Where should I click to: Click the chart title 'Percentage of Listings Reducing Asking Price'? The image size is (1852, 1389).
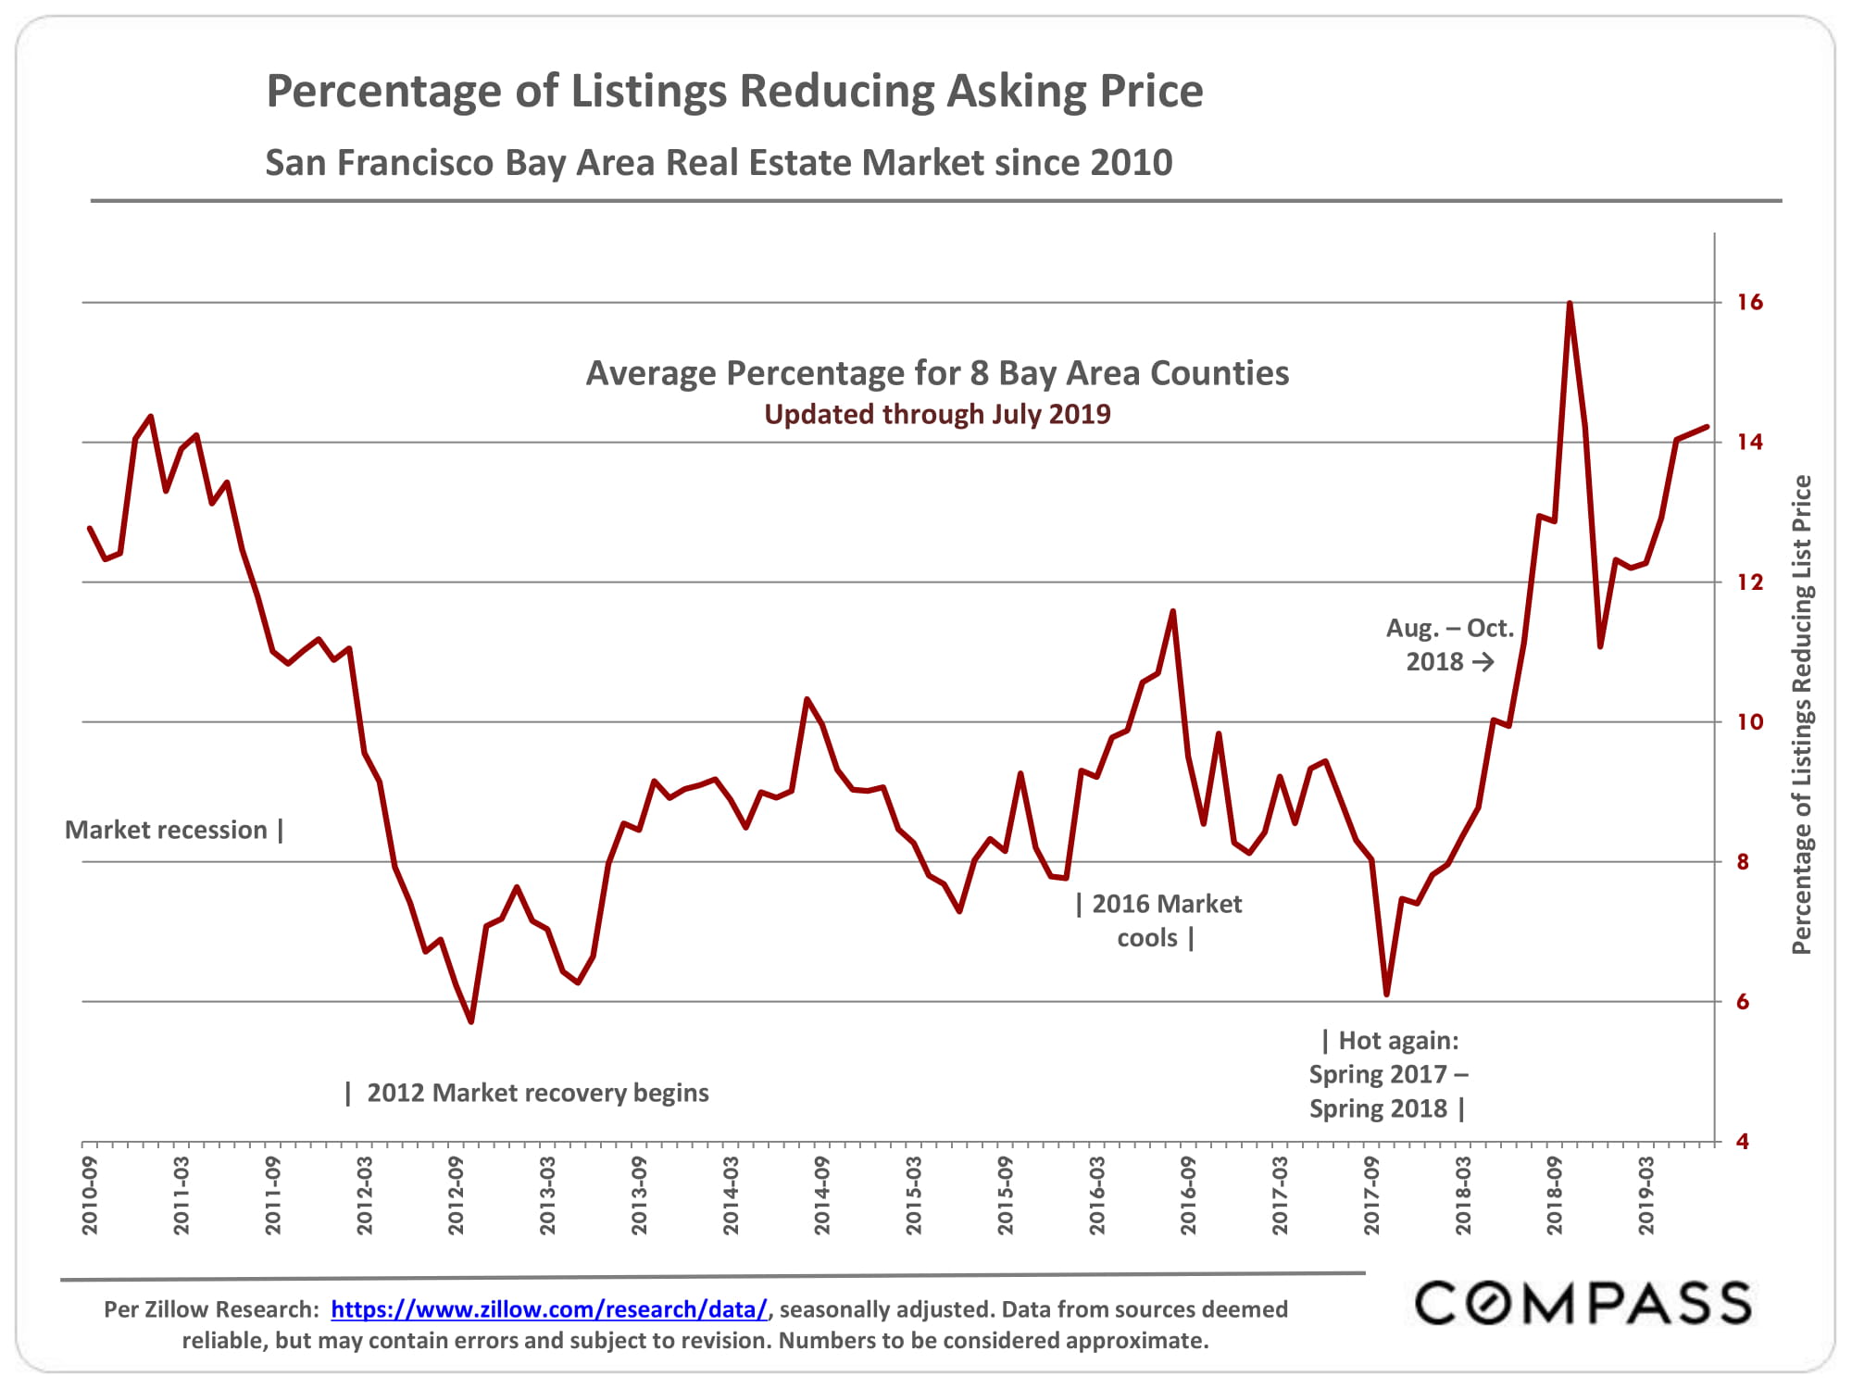click(x=734, y=92)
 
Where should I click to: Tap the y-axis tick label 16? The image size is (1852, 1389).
click(x=1749, y=302)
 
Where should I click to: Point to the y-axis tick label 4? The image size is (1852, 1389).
click(x=1743, y=1142)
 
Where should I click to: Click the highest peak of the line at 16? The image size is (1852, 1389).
click(x=1570, y=303)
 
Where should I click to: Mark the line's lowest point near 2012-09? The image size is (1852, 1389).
click(x=471, y=1021)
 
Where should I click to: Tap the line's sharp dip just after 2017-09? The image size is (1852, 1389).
click(x=1386, y=995)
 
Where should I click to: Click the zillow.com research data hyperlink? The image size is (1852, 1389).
click(x=549, y=1309)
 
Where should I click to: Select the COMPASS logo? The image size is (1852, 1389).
click(x=1583, y=1303)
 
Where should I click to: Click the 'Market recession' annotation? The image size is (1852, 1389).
click(x=167, y=830)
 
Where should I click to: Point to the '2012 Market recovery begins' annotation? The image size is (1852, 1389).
click(x=537, y=1093)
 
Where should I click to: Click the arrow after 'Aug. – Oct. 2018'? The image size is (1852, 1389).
click(x=1483, y=662)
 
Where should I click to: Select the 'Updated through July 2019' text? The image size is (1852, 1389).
click(x=937, y=414)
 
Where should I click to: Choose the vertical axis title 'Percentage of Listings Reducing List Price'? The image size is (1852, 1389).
click(x=1801, y=715)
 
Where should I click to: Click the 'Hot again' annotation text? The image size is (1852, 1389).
click(x=1389, y=1074)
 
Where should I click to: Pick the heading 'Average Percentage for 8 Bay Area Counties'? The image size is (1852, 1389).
click(x=937, y=373)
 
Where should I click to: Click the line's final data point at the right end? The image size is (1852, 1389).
click(x=1707, y=427)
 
